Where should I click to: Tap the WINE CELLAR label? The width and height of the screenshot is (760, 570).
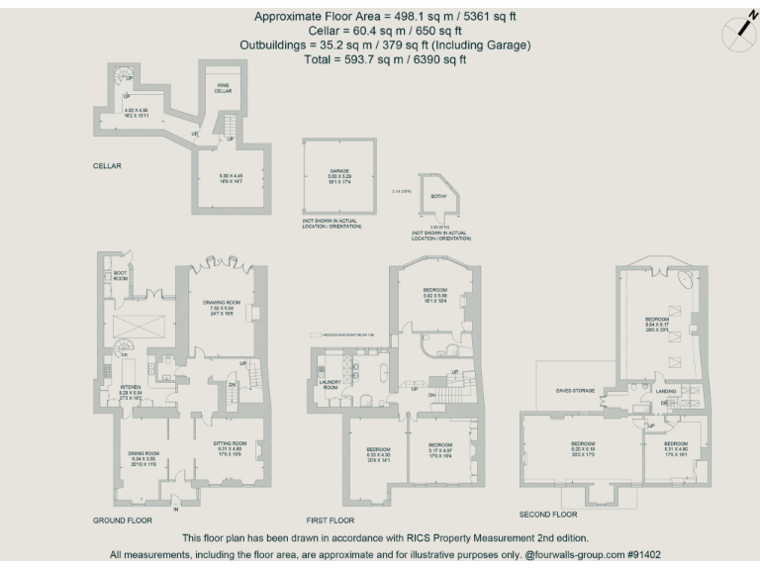(x=225, y=88)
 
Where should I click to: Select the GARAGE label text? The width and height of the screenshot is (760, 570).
(x=339, y=170)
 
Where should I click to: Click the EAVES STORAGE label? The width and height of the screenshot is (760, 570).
(x=575, y=391)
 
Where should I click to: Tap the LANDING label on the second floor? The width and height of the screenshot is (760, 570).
(x=665, y=391)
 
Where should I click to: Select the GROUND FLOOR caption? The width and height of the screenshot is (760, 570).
(x=123, y=520)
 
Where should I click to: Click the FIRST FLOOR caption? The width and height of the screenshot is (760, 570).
(x=332, y=520)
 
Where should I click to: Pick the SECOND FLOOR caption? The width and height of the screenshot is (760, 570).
(x=548, y=515)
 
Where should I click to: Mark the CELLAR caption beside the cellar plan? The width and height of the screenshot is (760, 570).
(x=107, y=166)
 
